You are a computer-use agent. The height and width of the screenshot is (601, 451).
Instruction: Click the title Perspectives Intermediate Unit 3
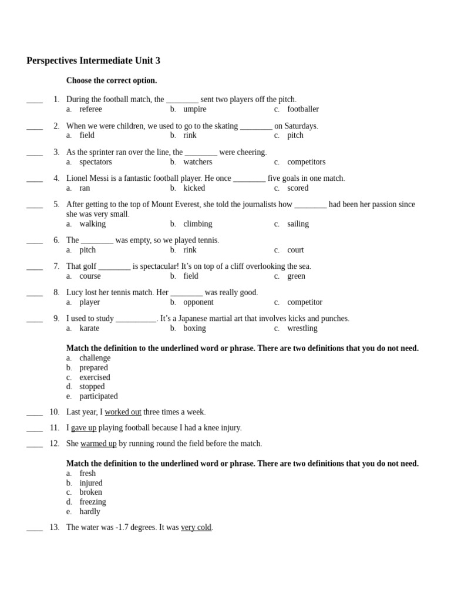[x=93, y=61]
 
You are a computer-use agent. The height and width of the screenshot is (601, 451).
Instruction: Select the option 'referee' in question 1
[x=90, y=109]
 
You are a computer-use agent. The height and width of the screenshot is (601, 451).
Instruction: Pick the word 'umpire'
[x=194, y=109]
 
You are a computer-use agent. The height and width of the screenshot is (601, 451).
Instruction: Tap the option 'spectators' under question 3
[x=95, y=162]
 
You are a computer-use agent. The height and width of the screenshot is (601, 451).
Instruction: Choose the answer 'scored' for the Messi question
[x=298, y=188]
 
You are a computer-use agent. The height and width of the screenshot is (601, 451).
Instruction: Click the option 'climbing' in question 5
[x=197, y=224]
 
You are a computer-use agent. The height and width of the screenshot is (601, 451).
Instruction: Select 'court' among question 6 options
[x=295, y=250]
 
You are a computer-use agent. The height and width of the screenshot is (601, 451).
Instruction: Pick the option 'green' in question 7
[x=296, y=276]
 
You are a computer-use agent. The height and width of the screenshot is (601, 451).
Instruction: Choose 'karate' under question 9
[x=89, y=329]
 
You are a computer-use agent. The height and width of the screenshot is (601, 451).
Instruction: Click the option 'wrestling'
[x=302, y=329]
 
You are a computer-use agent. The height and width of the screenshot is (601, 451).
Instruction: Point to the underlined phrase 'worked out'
[x=123, y=412]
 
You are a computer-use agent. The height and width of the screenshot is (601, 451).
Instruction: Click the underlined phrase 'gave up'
[x=83, y=428]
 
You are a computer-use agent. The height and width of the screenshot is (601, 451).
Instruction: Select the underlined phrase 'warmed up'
[x=99, y=444]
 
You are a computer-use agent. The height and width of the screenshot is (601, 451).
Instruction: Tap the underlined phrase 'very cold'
[x=196, y=528]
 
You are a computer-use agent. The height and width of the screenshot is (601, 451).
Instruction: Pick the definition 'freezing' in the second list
[x=93, y=502]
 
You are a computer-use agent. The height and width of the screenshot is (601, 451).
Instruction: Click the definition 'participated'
[x=99, y=396]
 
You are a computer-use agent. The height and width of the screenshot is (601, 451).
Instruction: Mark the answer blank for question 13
[x=35, y=528]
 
